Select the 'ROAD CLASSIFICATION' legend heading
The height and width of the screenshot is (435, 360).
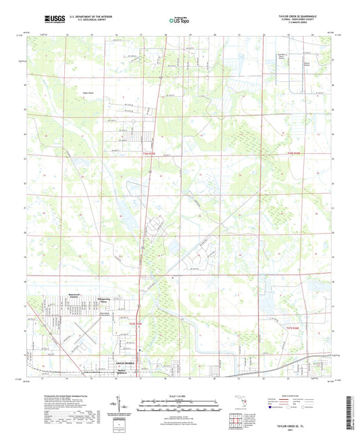[x=301, y=396]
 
